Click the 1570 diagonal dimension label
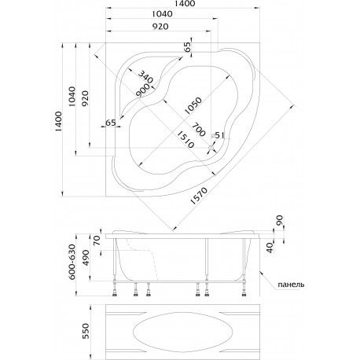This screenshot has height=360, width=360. coord(199,196)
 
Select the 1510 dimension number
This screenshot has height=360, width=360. coord(186,140)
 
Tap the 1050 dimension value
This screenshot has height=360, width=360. coord(193,105)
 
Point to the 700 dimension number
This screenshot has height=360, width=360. coord(198,129)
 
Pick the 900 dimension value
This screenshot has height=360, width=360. coord(143,90)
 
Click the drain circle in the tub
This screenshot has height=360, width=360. coord(211,149)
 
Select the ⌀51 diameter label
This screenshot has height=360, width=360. coord(218,135)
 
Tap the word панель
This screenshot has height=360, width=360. coord(291,285)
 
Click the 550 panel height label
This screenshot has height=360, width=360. coord(86,331)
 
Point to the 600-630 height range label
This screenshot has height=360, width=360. coord(72,263)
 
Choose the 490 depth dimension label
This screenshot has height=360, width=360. coord(86,259)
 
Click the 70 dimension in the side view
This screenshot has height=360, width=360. coord(97,241)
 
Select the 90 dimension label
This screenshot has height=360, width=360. coord(280,220)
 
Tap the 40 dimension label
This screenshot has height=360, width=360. coord(270,248)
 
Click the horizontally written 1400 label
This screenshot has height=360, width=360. coord(185,3)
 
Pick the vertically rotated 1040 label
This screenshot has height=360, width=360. coord(72,96)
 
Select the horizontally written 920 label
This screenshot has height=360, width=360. coord(160,27)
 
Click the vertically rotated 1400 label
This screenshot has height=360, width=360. coord(58,121)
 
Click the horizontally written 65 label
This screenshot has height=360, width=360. coord(111,123)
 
